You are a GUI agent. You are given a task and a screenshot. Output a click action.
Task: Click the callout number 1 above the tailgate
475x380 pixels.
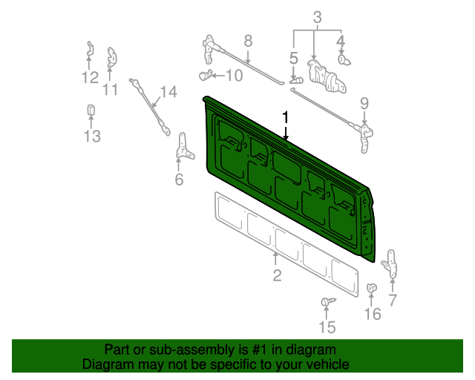pyautogui.click(x=285, y=117)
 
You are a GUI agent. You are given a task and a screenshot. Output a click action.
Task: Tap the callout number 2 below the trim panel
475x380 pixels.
pyautogui.click(x=277, y=276)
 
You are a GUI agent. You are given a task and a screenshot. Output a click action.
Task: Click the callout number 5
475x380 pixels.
pyautogui.click(x=294, y=56)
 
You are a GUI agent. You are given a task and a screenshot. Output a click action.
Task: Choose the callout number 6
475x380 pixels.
pyautogui.click(x=179, y=180)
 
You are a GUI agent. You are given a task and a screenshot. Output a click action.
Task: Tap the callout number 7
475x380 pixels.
pyautogui.click(x=393, y=300)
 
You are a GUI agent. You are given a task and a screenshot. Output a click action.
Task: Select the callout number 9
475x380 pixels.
pyautogui.click(x=364, y=103)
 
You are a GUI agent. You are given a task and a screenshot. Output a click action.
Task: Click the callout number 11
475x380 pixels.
pyautogui.click(x=111, y=90)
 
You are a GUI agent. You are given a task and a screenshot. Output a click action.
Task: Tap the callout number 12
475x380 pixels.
pyautogui.click(x=90, y=77)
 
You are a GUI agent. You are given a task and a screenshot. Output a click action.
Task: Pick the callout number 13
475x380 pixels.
pyautogui.click(x=91, y=136)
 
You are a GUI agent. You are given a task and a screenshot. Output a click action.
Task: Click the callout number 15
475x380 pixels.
pyautogui.click(x=327, y=327)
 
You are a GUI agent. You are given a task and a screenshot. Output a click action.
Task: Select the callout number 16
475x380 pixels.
pyautogui.click(x=373, y=314)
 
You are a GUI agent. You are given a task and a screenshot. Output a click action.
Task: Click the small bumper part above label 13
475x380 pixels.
pyautogui.click(x=91, y=111)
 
